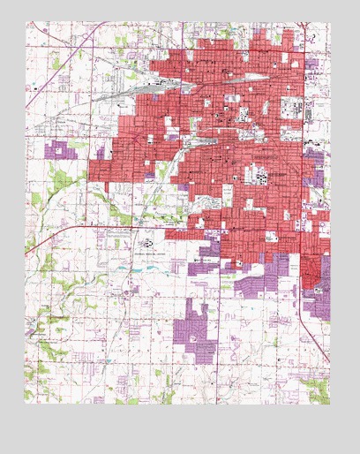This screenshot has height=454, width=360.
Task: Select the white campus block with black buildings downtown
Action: click(265, 175)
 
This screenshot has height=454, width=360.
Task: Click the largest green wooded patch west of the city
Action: click(62, 181)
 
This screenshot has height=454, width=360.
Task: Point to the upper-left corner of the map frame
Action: click(25, 22)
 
